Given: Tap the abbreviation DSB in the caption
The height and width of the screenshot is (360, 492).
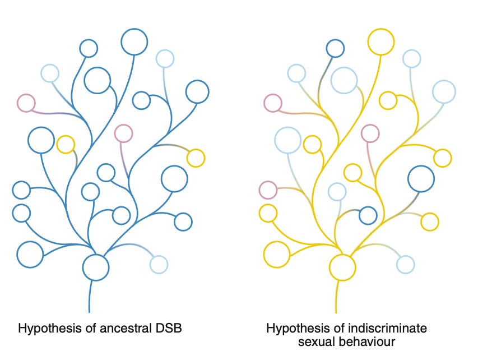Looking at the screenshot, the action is (x=169, y=328).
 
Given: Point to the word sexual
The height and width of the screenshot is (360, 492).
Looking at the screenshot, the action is (x=317, y=342).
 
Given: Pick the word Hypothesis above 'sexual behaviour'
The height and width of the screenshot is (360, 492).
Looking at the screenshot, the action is (x=298, y=329).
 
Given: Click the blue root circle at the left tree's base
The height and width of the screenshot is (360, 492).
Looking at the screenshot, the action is (x=96, y=255).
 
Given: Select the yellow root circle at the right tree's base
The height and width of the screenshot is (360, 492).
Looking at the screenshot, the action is (x=342, y=255).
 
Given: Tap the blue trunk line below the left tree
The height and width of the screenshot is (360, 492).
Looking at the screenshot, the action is (x=90, y=297).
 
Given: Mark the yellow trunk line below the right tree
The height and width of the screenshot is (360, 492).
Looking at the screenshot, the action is (x=336, y=297).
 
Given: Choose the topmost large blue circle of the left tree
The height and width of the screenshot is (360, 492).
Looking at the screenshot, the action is (x=134, y=29).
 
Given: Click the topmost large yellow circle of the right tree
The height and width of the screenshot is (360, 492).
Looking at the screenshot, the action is (x=381, y=29).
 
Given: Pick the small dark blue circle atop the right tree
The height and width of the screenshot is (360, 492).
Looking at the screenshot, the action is (x=336, y=40).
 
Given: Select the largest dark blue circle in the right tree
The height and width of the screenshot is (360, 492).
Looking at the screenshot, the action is (x=421, y=166).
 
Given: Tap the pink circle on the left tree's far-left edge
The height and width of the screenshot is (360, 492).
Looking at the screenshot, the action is (x=26, y=94).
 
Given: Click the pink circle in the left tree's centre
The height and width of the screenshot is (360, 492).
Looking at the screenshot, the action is (x=123, y=124).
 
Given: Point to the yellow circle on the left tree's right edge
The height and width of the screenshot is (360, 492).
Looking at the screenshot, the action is (x=196, y=149).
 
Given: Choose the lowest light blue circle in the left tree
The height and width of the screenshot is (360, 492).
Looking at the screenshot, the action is (x=159, y=256).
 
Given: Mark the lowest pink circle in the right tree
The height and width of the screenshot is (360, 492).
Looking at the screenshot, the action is (x=268, y=182).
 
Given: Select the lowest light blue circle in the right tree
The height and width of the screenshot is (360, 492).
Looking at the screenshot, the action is (x=405, y=256).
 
